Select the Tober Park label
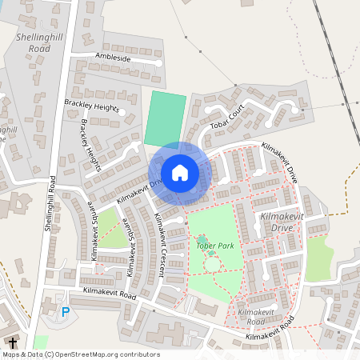[214, 246]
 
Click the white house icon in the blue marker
[180, 173]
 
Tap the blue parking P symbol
[66, 311]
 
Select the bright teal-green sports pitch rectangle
[165, 119]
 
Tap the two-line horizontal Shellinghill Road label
[34, 42]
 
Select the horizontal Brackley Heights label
[91, 106]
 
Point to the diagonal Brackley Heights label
[90, 144]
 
